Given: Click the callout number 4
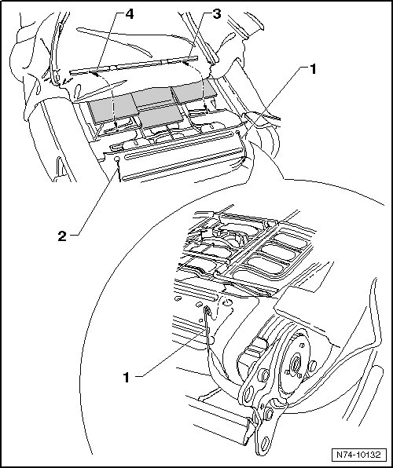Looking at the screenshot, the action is click(129, 14).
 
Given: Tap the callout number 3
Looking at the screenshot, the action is click(216, 13).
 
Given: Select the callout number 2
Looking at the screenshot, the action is click(62, 236).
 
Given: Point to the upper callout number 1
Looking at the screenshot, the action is click(313, 70).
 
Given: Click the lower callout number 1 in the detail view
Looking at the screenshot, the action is click(127, 377).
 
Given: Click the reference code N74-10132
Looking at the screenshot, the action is click(358, 455).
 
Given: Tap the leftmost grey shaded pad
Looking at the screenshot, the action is click(113, 108).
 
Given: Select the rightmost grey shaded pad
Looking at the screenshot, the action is click(194, 91).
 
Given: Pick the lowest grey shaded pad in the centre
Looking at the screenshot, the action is click(161, 115).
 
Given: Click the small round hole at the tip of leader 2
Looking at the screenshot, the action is click(117, 159).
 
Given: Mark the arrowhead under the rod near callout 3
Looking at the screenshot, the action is click(186, 64).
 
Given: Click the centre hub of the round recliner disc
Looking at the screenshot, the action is click(296, 364).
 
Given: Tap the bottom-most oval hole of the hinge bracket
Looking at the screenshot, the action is click(265, 444).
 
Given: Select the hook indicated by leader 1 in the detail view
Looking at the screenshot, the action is click(208, 313).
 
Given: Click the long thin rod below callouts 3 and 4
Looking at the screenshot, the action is click(134, 64).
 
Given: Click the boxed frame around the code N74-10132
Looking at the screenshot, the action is click(358, 455).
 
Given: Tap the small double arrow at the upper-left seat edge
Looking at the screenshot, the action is click(68, 80).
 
